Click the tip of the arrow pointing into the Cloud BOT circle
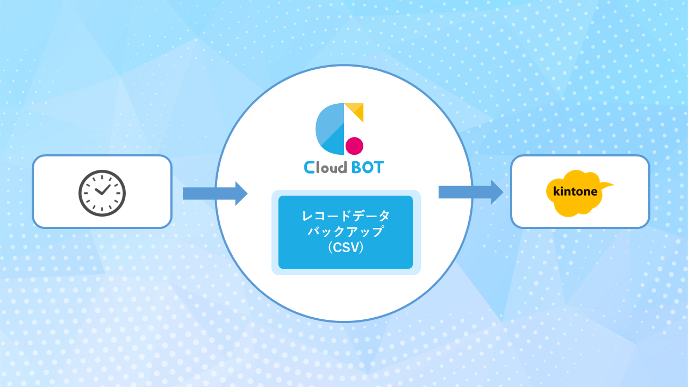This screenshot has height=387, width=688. tap(248, 193)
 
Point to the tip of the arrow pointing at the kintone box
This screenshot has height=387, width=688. tap(504, 192)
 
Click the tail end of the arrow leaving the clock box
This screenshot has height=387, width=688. tap(183, 193)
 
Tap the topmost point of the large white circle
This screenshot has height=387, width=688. tap(344, 65)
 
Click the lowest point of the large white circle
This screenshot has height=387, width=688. tap(344, 322)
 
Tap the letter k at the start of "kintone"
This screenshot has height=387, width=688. tap(556, 191)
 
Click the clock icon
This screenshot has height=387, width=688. tap(102, 193)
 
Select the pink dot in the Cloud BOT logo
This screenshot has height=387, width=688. tap(354, 146)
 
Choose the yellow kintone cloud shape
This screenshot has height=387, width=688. tap(579, 193)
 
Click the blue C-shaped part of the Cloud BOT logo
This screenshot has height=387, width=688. tap(330, 129)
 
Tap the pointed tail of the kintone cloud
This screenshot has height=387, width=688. tap(613, 184)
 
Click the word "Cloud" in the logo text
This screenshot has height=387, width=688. tap(326, 167)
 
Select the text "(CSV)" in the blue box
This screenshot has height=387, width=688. tap(346, 248)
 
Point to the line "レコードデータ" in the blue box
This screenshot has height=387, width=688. tap(346, 216)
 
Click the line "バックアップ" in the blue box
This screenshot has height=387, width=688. tap(346, 231)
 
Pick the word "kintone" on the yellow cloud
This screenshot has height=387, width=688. tap(575, 191)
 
